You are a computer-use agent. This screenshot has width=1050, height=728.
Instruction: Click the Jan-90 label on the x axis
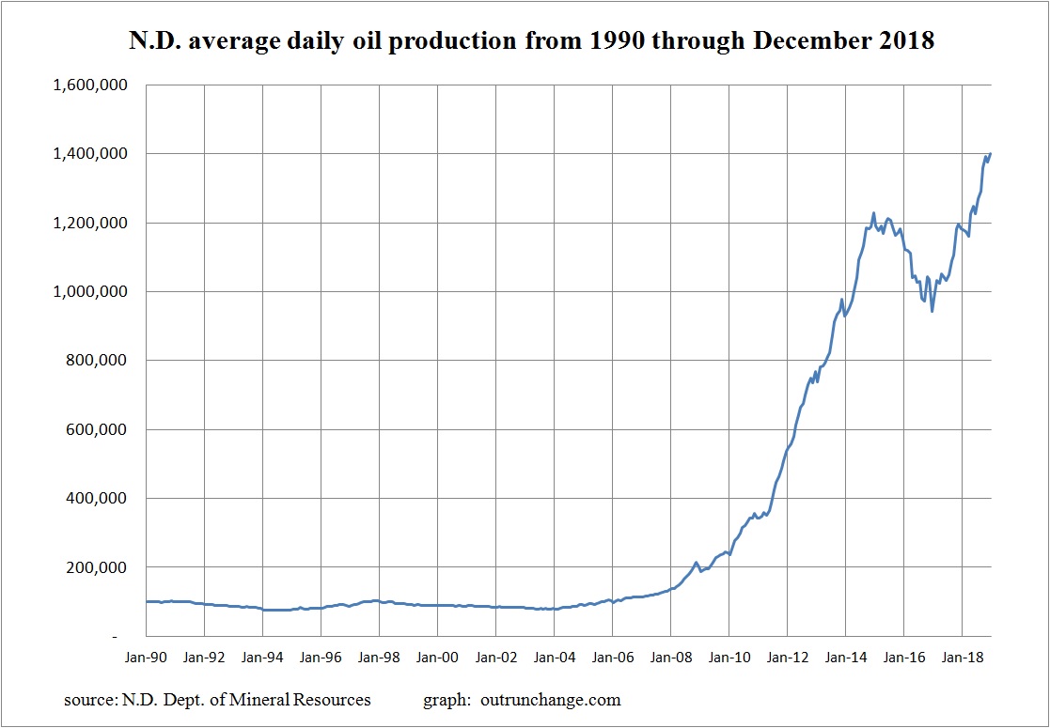tap(146, 658)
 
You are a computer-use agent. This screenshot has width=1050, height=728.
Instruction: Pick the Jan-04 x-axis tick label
tap(554, 658)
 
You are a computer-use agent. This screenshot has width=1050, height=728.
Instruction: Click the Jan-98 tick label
tap(379, 658)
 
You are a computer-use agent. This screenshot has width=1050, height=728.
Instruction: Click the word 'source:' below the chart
tap(89, 700)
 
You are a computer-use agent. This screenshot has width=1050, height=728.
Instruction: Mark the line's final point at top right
tap(991, 154)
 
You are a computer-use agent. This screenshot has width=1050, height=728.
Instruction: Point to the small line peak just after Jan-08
tap(696, 563)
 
